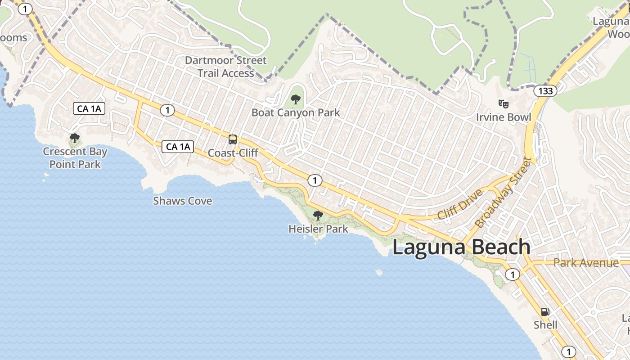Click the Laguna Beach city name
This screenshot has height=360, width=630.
(461, 247)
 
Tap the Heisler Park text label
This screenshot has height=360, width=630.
(318, 229)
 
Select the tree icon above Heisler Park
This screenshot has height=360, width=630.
(318, 216)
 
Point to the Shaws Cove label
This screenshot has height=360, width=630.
(182, 201)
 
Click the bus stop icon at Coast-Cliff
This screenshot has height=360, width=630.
(233, 139)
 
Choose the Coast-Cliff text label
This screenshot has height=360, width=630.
(233, 153)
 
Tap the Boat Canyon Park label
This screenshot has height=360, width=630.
(296, 112)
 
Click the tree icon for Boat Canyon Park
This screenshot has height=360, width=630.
(296, 99)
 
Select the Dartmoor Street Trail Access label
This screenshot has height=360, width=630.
(225, 67)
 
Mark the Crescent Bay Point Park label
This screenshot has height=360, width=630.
(75, 158)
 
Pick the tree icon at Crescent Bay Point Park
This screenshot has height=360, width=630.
(75, 138)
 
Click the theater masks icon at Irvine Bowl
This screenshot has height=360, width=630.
(504, 104)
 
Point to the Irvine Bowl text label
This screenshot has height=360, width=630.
(504, 117)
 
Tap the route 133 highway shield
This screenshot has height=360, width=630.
(545, 91)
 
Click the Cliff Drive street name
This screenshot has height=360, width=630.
(460, 205)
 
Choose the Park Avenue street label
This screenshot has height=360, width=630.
(586, 263)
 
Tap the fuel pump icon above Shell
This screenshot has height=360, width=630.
(545, 311)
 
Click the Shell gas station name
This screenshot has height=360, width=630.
(545, 325)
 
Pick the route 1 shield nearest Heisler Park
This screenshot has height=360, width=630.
(315, 180)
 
